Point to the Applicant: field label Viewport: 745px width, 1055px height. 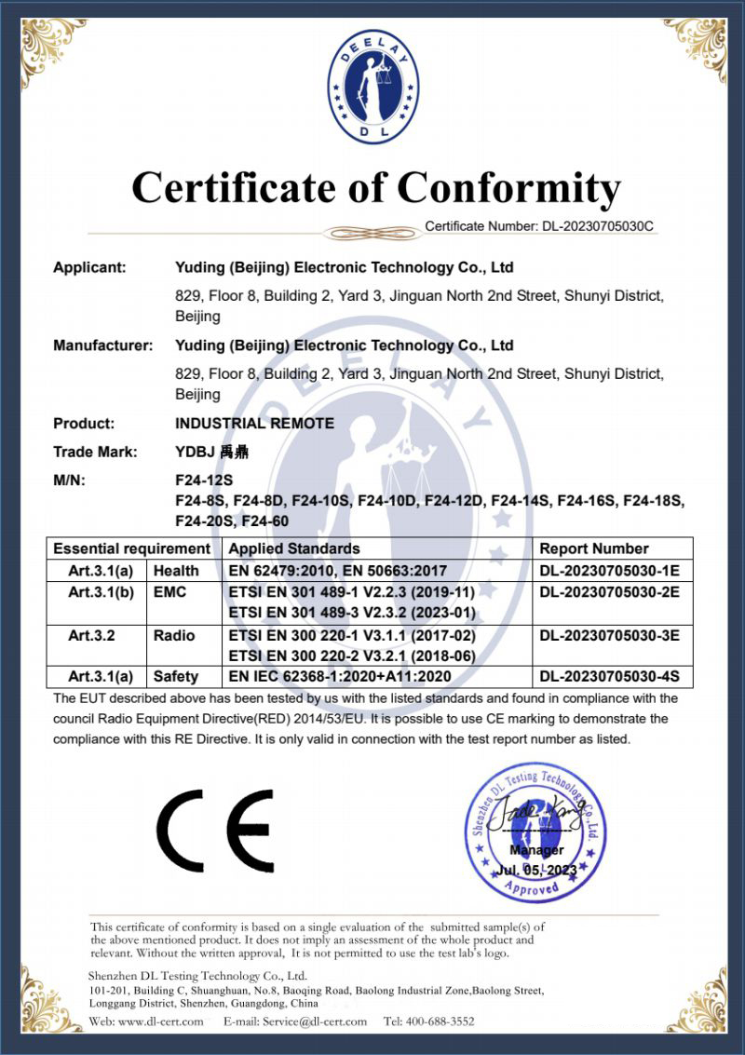click(x=89, y=267)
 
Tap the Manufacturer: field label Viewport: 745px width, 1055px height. click(x=102, y=345)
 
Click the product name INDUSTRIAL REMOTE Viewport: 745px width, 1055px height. click(x=254, y=423)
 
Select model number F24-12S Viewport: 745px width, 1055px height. click(x=202, y=481)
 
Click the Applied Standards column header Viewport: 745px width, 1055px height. click(x=294, y=548)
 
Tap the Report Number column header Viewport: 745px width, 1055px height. click(x=594, y=548)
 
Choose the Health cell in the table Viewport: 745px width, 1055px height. click(x=176, y=570)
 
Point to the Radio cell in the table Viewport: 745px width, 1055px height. click(x=174, y=635)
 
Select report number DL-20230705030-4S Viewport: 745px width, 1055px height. click(x=609, y=677)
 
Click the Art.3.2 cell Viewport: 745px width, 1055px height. click(x=91, y=635)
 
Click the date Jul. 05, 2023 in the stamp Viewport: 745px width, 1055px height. click(x=537, y=870)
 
